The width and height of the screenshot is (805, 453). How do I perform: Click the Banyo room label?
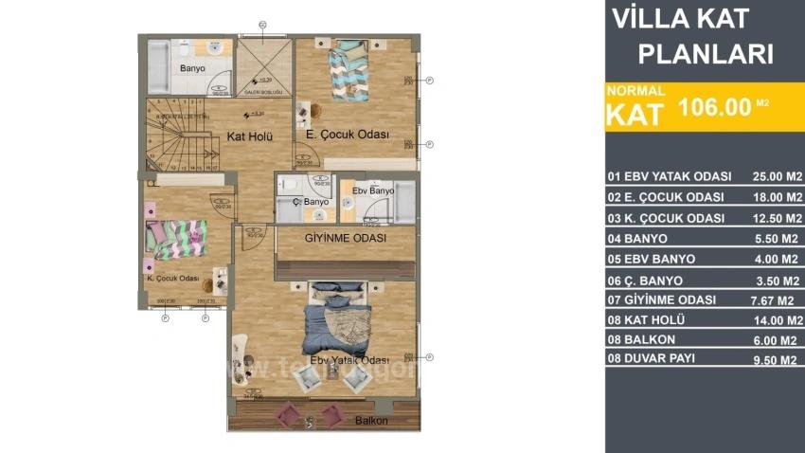point(193,68)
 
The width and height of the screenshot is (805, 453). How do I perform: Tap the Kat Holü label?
point(250,136)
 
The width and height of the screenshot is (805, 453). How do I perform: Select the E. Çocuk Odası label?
point(348,136)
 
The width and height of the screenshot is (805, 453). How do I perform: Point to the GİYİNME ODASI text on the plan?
point(344,238)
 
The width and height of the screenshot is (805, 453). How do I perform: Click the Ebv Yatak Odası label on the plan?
point(349,360)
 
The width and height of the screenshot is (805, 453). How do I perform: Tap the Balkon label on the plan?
point(371,420)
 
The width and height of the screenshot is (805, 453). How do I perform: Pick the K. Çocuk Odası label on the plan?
point(171,279)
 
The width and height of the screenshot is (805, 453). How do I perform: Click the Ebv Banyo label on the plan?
point(372,191)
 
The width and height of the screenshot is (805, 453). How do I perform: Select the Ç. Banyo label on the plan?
point(310,202)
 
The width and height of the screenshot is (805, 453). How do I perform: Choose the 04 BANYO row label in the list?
point(637,239)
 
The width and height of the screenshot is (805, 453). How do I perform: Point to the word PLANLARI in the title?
point(706,54)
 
